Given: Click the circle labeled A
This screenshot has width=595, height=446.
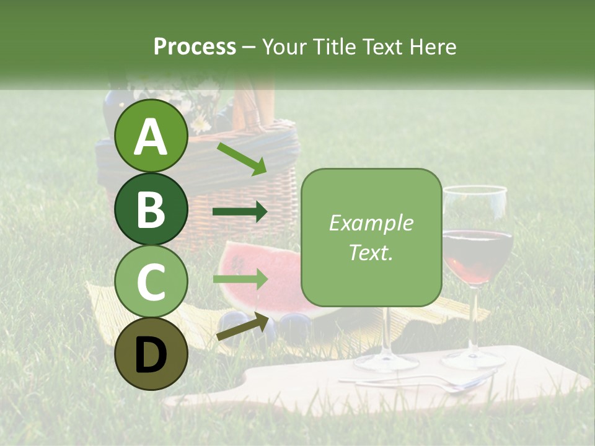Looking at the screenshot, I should tap(151, 136).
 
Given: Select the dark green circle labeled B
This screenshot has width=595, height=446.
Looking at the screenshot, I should tap(151, 209).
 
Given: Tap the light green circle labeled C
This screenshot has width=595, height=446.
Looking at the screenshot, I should tap(151, 282).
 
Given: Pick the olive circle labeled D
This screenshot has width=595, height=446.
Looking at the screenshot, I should tap(151, 354).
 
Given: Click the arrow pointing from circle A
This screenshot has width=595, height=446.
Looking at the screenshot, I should tap(242, 158).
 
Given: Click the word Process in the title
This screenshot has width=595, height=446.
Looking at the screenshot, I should tap(195, 46).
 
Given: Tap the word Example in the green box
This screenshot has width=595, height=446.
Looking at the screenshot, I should tap(371, 223).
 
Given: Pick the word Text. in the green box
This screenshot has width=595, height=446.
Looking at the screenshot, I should tap(371, 252).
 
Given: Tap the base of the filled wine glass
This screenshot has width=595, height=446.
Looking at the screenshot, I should tap(474, 359).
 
